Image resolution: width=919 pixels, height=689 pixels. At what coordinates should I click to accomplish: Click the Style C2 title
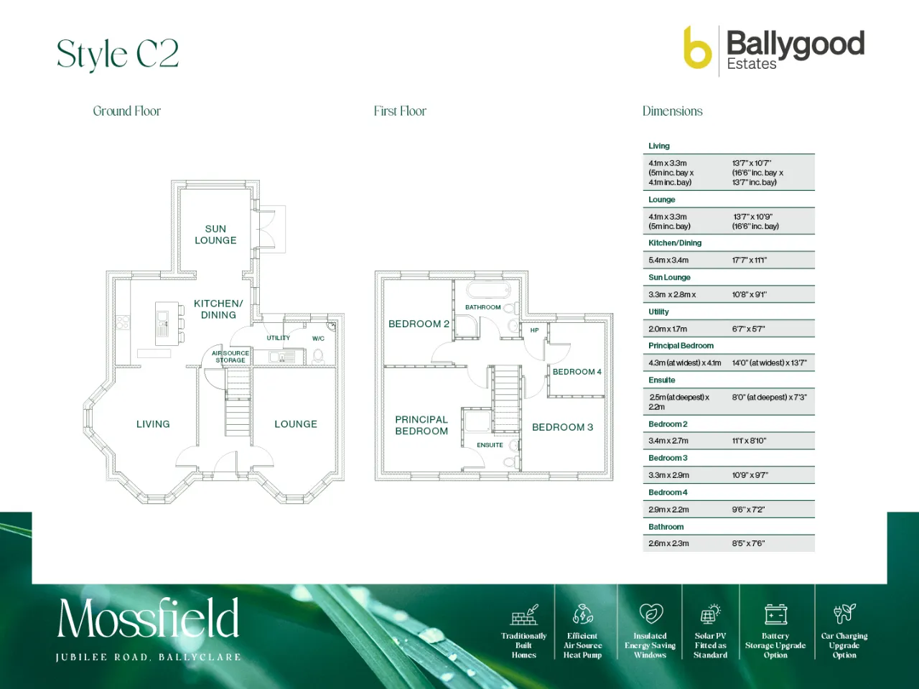click(x=118, y=54)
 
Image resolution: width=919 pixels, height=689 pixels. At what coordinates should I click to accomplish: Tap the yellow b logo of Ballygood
click(x=697, y=47)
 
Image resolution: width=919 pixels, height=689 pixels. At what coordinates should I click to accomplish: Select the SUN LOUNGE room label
click(x=215, y=234)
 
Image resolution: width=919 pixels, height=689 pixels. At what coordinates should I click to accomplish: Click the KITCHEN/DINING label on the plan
click(x=218, y=309)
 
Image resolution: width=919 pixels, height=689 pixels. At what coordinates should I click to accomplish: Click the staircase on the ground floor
click(x=238, y=403)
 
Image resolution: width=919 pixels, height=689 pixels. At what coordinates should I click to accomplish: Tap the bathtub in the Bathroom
click(x=489, y=290)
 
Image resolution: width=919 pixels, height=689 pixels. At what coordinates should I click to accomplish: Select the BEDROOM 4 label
click(x=577, y=372)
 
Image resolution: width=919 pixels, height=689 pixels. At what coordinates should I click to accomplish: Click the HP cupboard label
click(x=535, y=330)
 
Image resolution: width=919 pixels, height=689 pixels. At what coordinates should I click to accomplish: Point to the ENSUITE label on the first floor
click(x=490, y=445)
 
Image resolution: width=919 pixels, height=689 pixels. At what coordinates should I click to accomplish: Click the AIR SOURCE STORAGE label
click(x=230, y=357)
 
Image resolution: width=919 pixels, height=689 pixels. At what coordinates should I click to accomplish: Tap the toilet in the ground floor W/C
click(x=318, y=357)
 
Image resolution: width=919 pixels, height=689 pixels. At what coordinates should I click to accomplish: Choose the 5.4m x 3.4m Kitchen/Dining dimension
click(x=668, y=260)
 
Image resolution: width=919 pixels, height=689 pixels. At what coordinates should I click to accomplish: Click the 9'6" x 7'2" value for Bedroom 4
click(x=749, y=510)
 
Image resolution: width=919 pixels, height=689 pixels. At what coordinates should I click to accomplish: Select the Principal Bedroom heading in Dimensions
click(x=681, y=345)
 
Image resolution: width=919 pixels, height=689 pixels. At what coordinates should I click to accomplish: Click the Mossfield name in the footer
click(x=148, y=618)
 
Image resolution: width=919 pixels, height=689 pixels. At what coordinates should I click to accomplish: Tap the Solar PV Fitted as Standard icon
click(x=710, y=614)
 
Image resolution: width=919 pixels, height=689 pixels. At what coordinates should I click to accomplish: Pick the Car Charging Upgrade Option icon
click(x=844, y=613)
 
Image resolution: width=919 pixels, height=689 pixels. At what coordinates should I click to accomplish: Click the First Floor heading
click(x=400, y=111)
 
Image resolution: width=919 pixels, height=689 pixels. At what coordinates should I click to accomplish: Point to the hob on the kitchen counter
click(x=123, y=322)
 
